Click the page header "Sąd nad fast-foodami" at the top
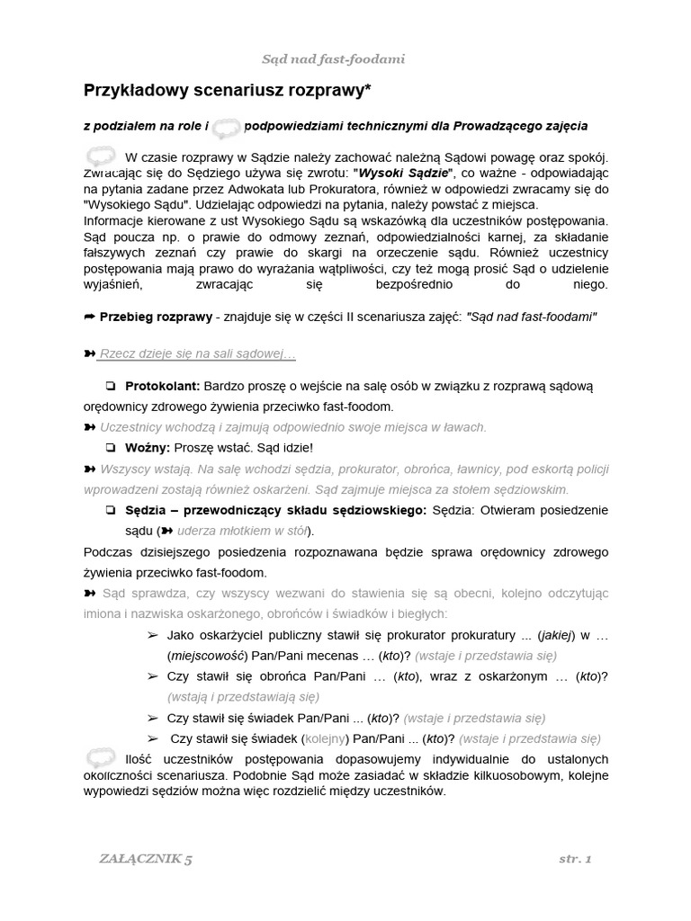coord(333,59)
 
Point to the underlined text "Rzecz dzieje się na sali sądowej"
coord(196,355)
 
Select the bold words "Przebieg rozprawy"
coord(157,317)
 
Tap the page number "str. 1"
coord(574,859)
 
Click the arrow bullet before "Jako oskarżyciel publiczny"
coord(152,635)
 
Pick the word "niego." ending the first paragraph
coord(591,285)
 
